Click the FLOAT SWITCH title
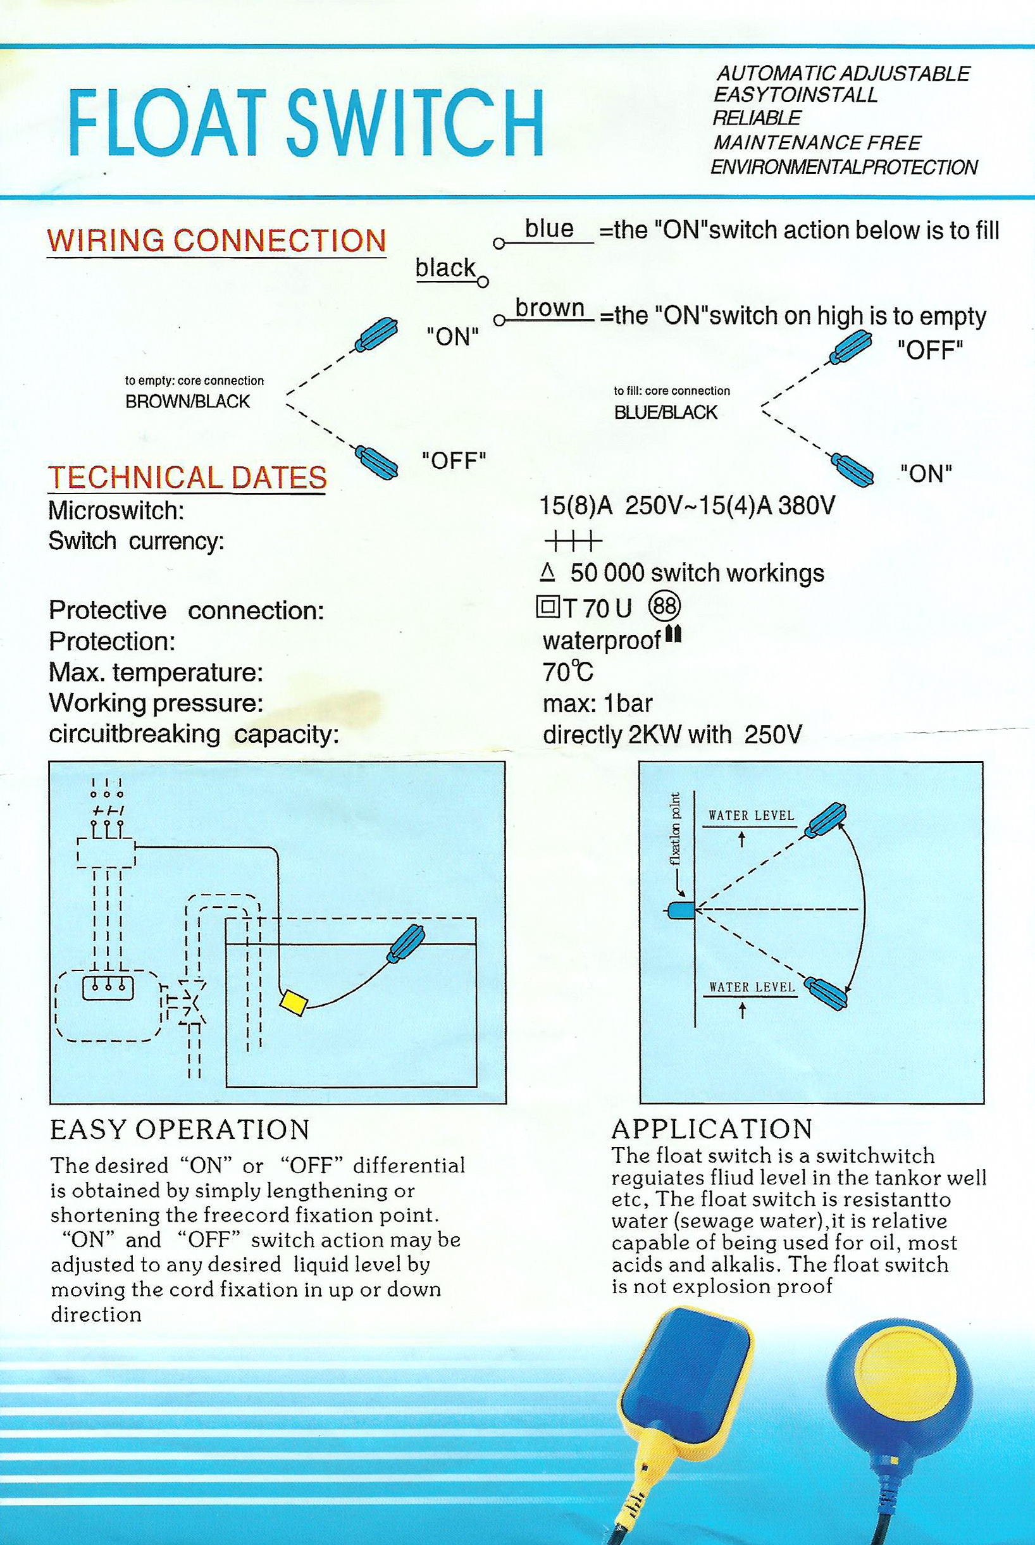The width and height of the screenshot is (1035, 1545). (x=306, y=123)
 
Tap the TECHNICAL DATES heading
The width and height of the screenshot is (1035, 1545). (x=187, y=477)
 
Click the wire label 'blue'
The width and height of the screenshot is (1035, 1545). (x=548, y=229)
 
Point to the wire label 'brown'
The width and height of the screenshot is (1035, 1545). (x=550, y=308)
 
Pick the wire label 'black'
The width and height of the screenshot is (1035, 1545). (x=445, y=268)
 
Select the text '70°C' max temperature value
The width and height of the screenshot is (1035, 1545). (x=567, y=672)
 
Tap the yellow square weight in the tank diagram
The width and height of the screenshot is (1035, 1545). (x=293, y=1001)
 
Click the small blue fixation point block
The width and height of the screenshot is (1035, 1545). (x=681, y=910)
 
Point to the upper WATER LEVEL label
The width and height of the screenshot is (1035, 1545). (x=751, y=815)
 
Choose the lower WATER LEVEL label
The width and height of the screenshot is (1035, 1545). (x=751, y=988)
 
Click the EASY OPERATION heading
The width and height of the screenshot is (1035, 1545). (x=180, y=1129)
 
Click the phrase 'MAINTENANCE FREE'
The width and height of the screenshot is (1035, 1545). (x=817, y=142)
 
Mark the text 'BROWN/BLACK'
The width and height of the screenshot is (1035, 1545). (x=187, y=402)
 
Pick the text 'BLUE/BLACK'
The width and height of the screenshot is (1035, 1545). (x=666, y=413)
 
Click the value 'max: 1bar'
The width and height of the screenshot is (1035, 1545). (x=597, y=704)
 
